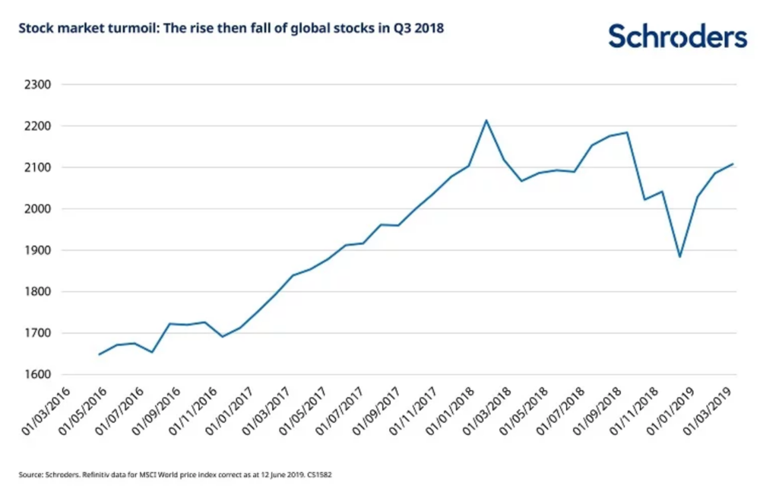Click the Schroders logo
pos(677,36)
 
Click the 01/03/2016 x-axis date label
pos(47,410)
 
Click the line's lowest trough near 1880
pos(679,256)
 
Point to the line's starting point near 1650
pos(100,354)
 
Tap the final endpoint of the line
pos(733,163)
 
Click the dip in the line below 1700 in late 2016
pos(222,336)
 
